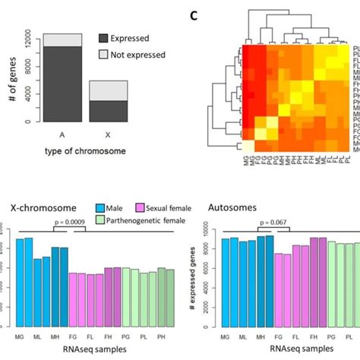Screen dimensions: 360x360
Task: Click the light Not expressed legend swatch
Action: (105, 55)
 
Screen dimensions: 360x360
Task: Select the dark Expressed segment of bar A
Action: (52, 84)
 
